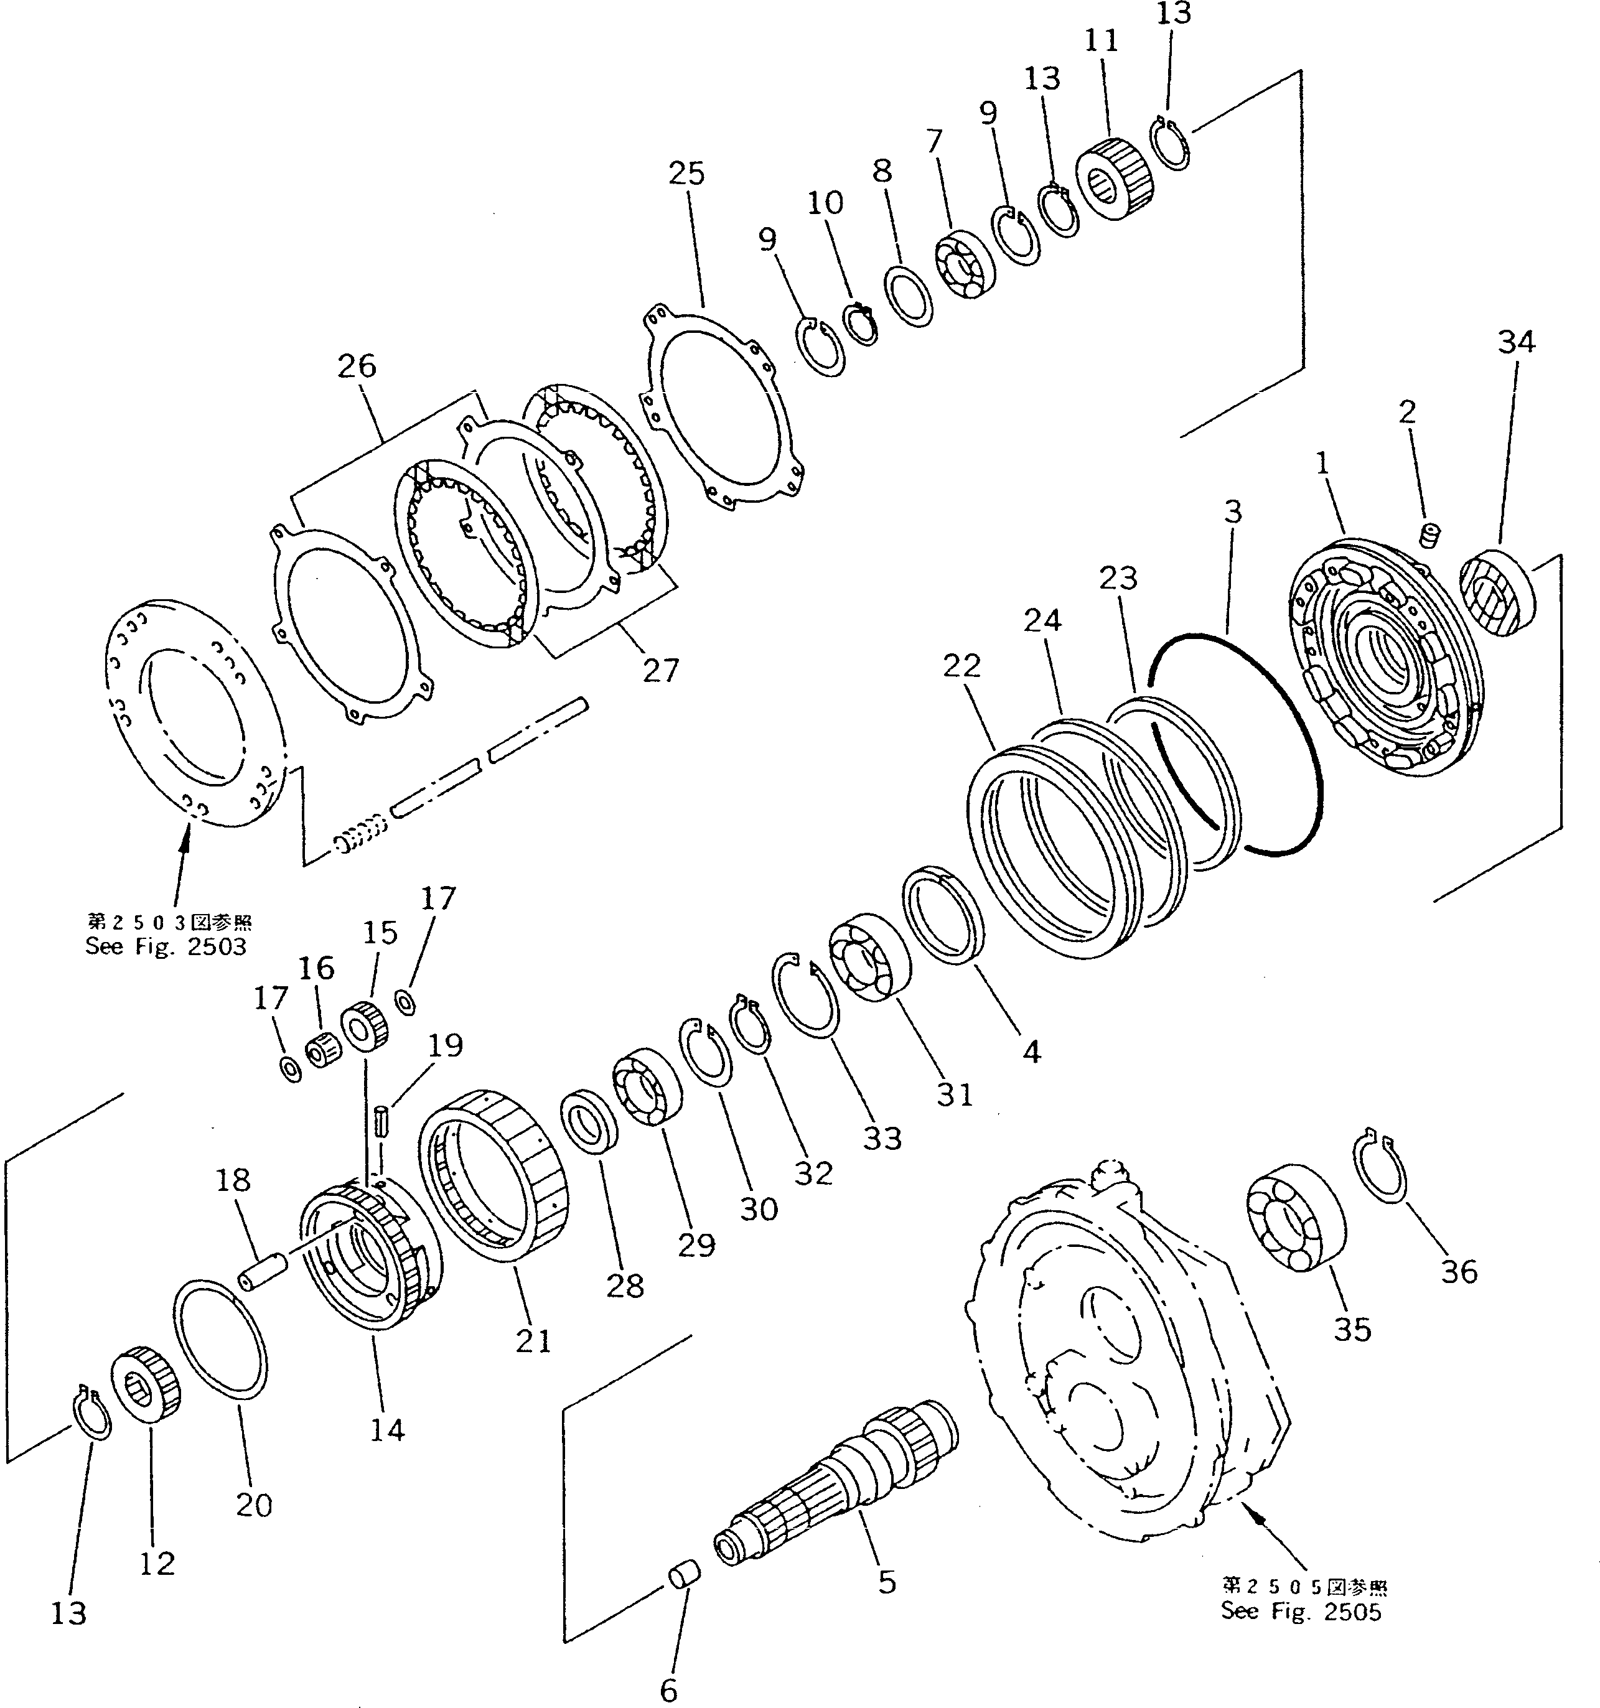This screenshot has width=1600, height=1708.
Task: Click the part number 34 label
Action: point(1516,342)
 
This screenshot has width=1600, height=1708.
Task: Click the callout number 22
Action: point(961,665)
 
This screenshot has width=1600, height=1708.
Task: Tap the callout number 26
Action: point(357,366)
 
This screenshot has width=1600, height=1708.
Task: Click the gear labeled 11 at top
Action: point(1115,181)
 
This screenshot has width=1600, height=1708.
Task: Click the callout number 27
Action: point(659,670)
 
